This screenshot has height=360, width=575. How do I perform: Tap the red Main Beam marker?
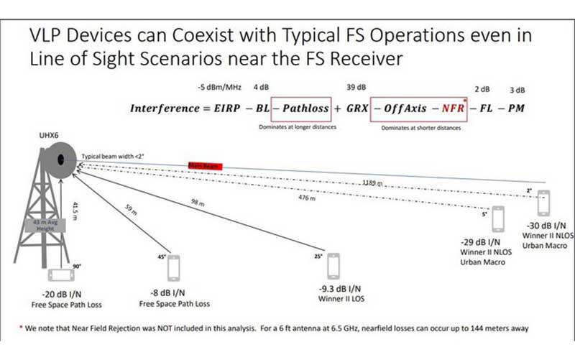[x=205, y=165]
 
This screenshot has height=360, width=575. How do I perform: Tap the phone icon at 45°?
[x=173, y=267]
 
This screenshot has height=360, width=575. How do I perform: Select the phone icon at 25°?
[x=333, y=266]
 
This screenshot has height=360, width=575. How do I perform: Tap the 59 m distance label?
[x=130, y=211]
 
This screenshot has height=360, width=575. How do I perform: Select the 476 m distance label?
[x=306, y=198]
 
